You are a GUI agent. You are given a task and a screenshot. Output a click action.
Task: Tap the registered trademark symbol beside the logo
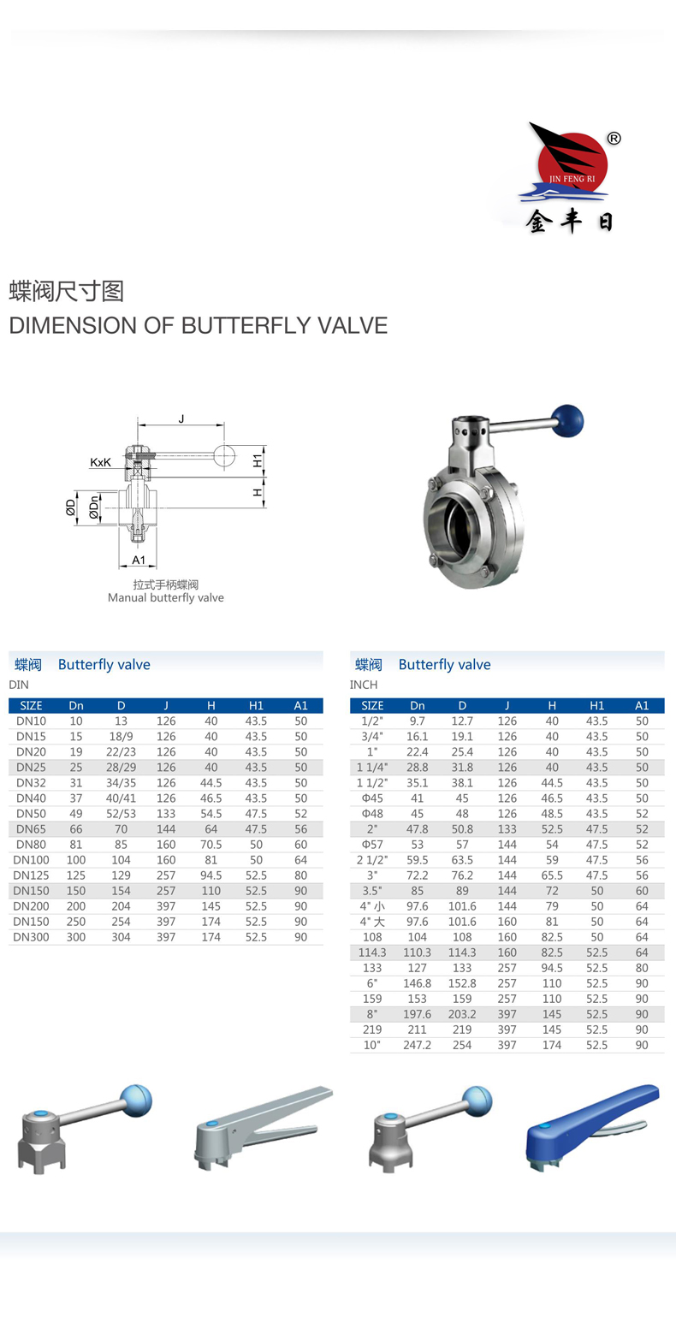[x=614, y=139]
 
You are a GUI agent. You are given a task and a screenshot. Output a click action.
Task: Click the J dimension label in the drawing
[x=181, y=418]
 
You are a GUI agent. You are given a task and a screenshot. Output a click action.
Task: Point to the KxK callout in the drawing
[x=100, y=462]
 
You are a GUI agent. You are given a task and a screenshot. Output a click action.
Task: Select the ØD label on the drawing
[x=71, y=508]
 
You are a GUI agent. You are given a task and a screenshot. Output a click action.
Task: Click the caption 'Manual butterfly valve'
[x=165, y=598]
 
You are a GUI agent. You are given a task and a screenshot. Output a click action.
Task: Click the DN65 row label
[x=31, y=829]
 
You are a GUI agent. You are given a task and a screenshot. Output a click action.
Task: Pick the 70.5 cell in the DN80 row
[x=211, y=845]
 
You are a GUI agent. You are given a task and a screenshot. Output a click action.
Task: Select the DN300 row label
[x=31, y=937]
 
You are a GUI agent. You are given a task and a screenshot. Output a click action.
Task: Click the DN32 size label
[x=31, y=783]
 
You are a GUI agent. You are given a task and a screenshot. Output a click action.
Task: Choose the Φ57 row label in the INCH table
[x=372, y=845]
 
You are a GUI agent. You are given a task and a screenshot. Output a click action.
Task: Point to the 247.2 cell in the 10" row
[x=417, y=1045]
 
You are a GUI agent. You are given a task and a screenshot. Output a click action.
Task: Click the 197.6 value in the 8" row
[x=417, y=1014]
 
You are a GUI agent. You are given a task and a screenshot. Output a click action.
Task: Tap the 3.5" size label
[x=372, y=891]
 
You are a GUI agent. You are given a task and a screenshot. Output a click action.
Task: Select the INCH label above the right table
[x=364, y=685]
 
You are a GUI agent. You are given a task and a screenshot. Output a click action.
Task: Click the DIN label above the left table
[x=19, y=685]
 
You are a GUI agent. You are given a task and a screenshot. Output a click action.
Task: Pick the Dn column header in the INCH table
[x=417, y=706]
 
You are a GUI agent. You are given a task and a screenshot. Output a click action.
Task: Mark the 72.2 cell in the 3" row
[x=417, y=875]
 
